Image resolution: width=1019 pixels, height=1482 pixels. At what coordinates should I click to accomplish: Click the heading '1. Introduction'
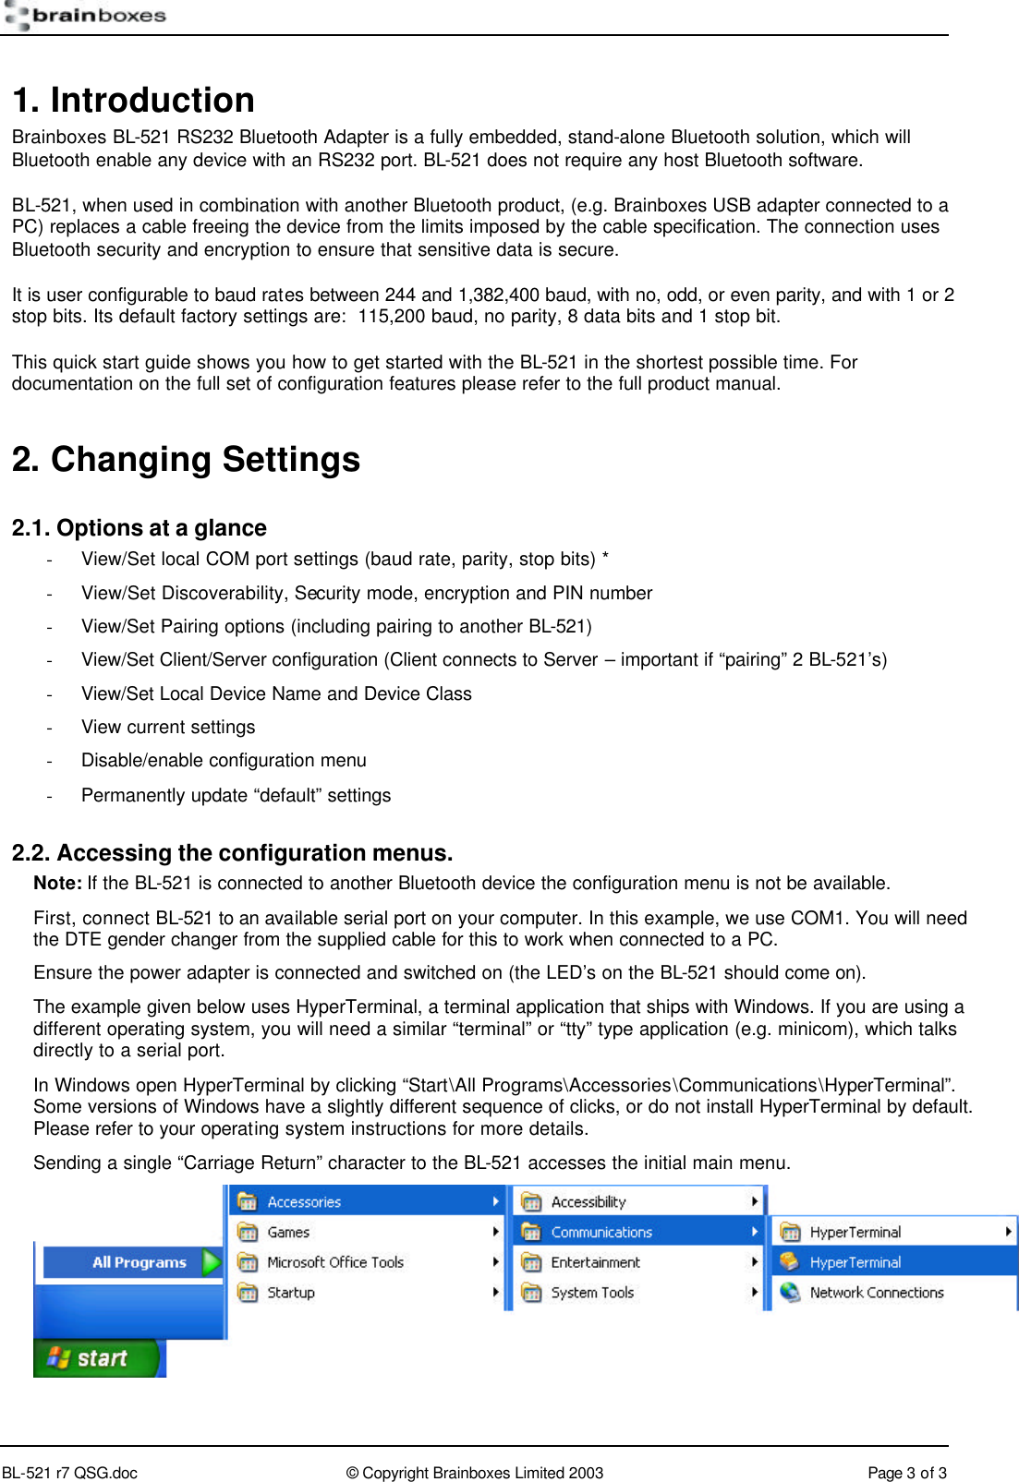point(133,100)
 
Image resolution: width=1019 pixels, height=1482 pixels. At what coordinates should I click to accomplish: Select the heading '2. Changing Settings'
point(186,459)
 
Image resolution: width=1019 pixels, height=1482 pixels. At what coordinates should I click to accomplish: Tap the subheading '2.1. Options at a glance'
point(139,528)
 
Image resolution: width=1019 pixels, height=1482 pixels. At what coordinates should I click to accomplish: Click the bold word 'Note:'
point(57,883)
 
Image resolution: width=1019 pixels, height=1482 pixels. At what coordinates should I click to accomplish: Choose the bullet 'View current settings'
point(168,727)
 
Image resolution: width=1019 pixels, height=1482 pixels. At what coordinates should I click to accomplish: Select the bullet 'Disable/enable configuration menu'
point(224,760)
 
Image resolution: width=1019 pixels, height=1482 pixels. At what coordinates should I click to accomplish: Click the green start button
point(97,1357)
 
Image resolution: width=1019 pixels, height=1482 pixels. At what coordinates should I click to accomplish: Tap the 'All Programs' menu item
point(139,1262)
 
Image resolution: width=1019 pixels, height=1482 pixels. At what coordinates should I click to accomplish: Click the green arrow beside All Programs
point(212,1261)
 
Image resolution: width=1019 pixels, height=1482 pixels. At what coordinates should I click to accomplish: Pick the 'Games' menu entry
point(288,1232)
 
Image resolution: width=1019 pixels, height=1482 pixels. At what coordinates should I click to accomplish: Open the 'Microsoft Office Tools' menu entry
point(335,1262)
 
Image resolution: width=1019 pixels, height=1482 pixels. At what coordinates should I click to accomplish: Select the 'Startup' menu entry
point(291,1293)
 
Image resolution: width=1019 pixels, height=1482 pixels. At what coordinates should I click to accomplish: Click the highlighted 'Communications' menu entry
point(601,1232)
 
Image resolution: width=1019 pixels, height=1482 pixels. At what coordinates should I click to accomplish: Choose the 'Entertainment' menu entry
point(595,1262)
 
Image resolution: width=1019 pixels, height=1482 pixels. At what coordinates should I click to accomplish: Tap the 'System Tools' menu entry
point(592,1293)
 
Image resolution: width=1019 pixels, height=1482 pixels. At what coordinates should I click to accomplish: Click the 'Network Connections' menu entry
point(876,1293)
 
